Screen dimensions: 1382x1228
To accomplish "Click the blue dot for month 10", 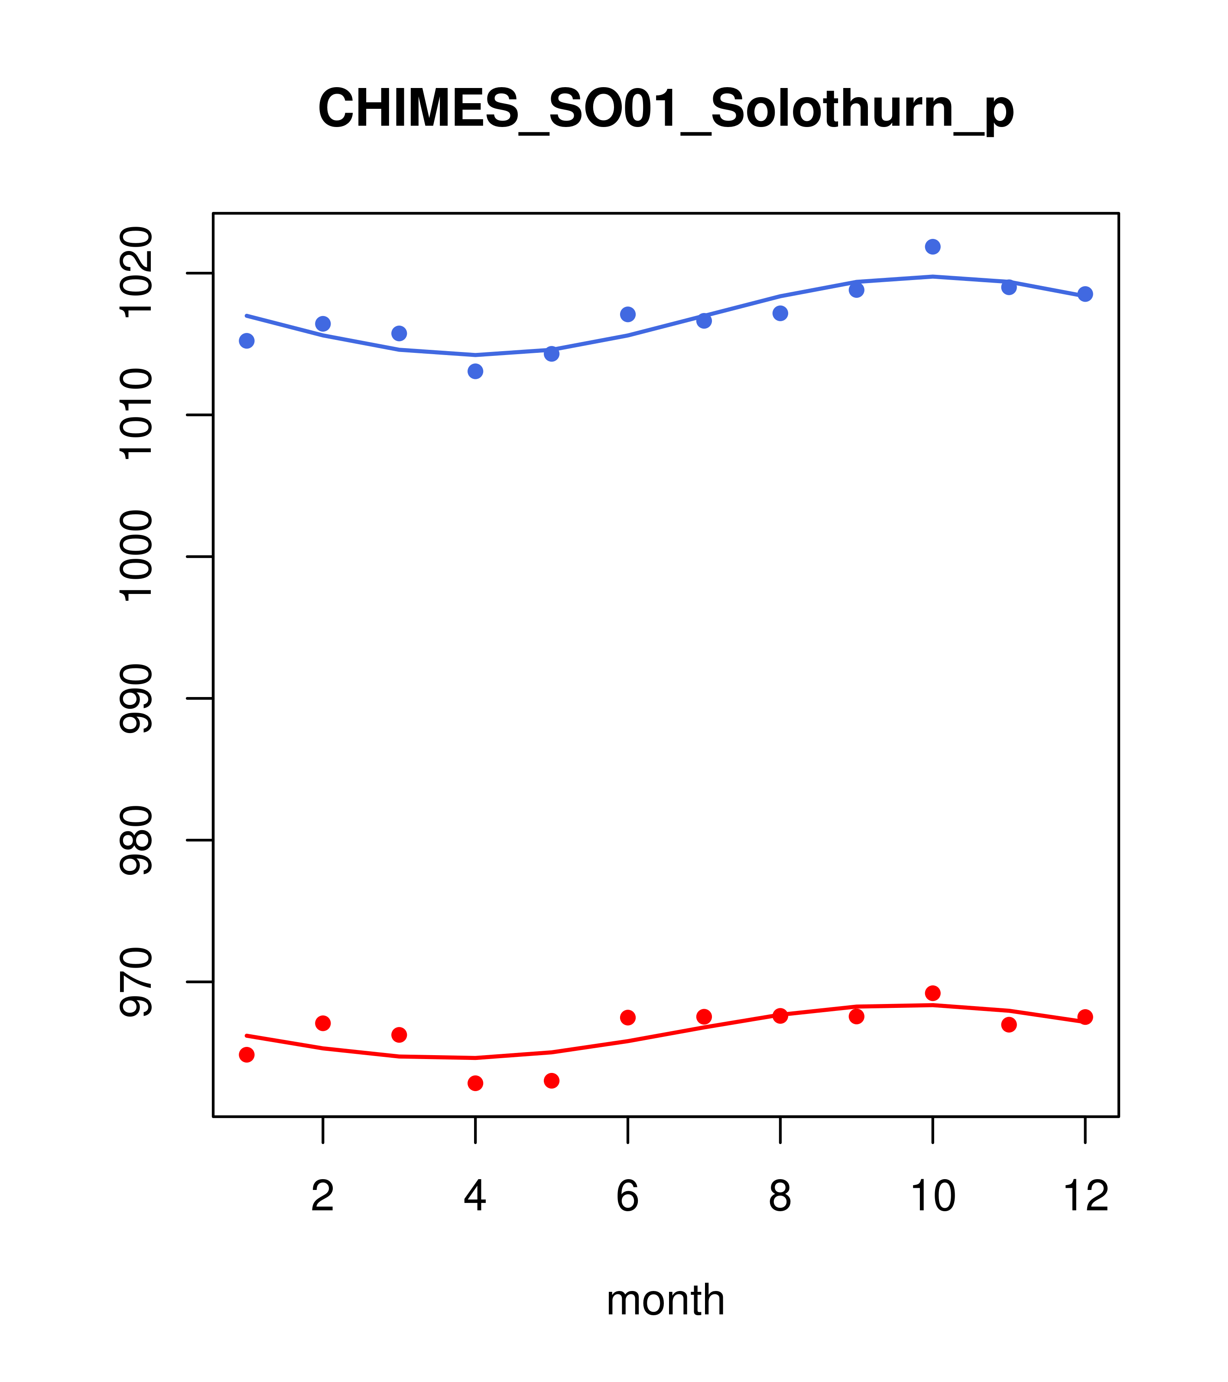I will point(932,247).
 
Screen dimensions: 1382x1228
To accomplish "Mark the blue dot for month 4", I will point(475,371).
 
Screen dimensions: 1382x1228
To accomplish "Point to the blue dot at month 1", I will point(247,341).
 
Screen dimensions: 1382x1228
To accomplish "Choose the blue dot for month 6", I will point(628,314).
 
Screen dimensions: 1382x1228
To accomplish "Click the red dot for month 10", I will point(932,993).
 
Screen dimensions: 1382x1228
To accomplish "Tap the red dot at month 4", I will point(475,1083).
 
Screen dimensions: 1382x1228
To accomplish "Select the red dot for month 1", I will point(247,1055).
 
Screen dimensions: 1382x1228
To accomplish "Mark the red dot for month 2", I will point(323,1023).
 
